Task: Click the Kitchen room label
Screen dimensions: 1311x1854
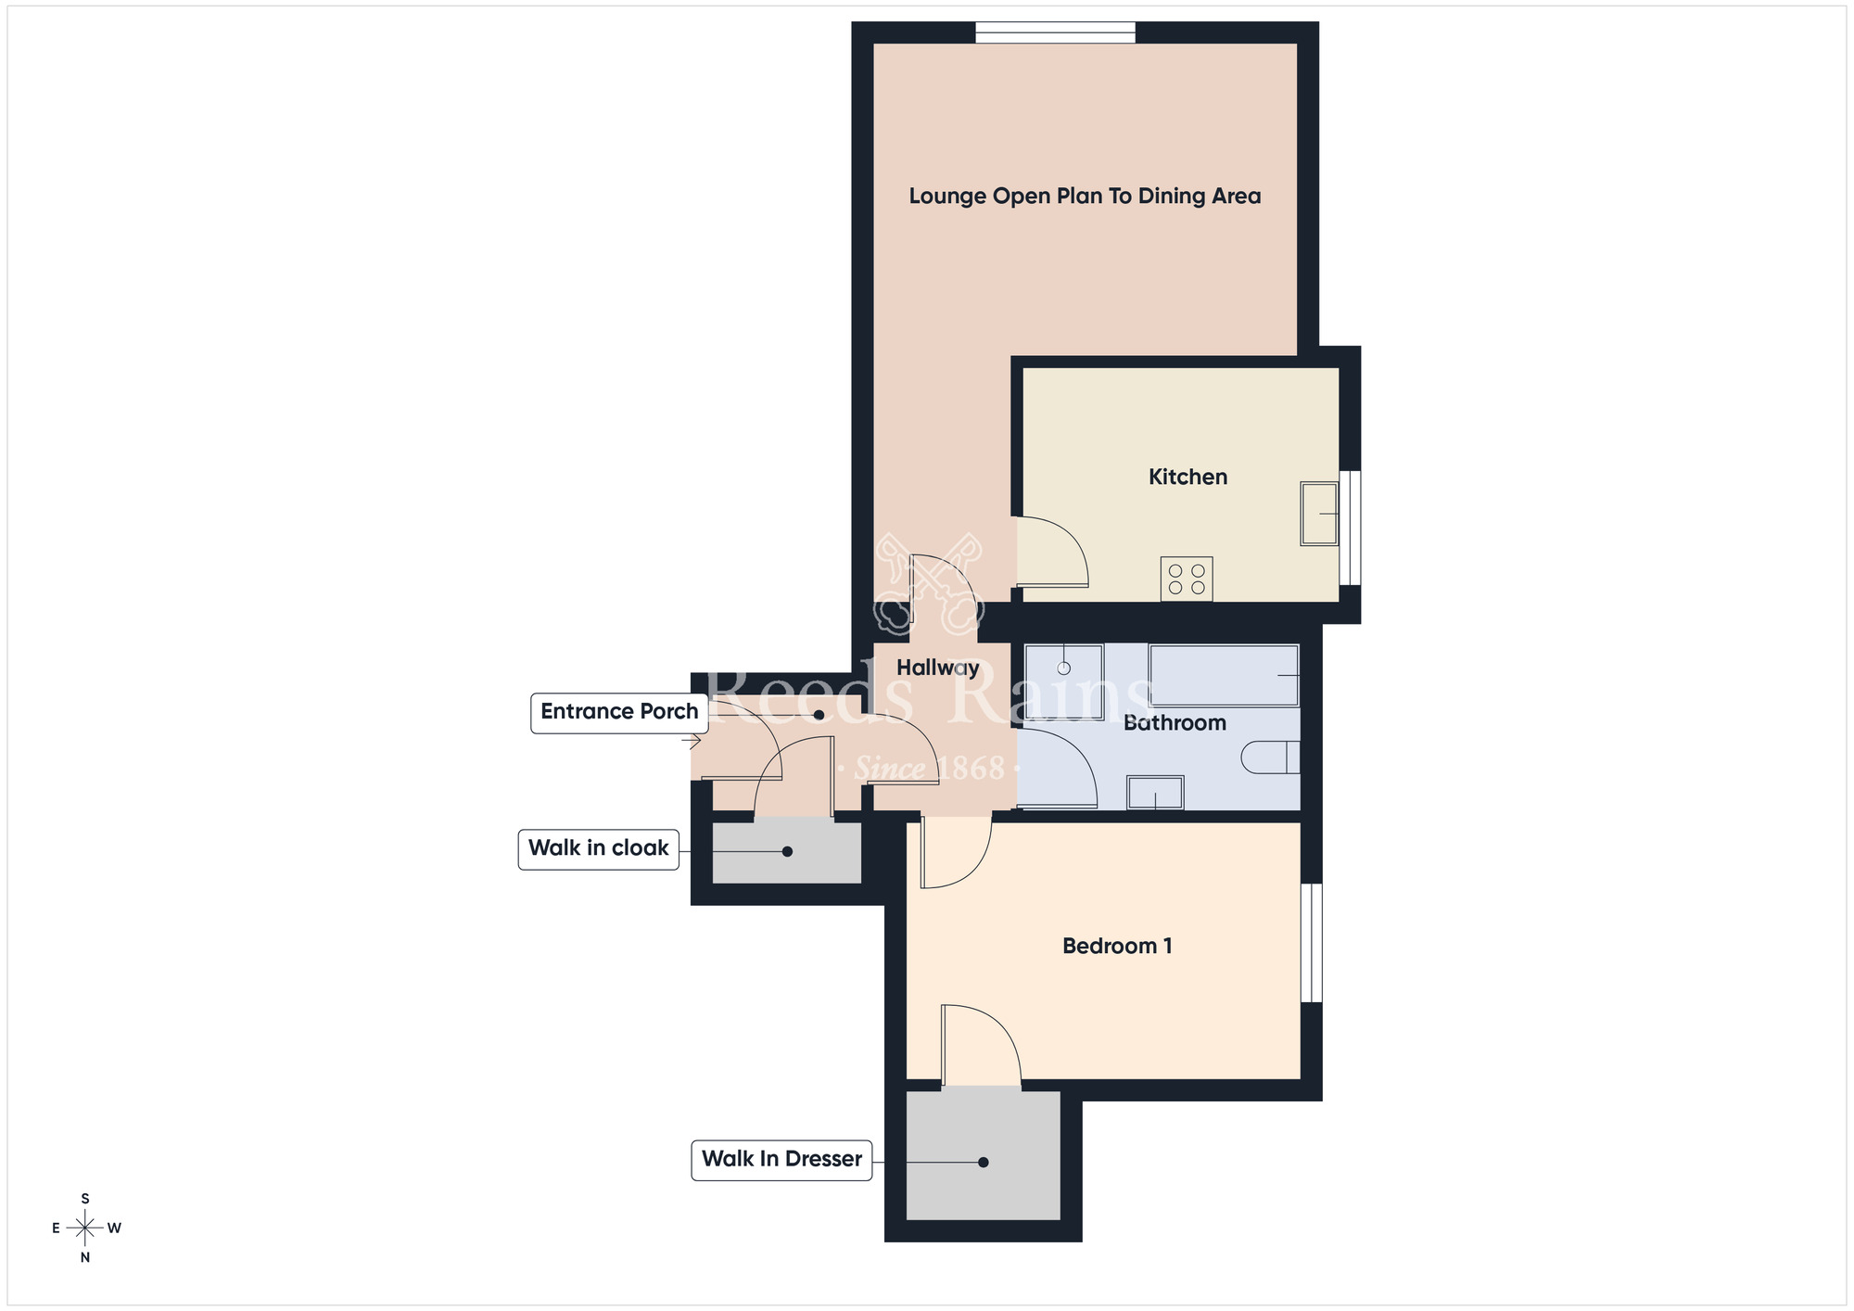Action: (x=1187, y=477)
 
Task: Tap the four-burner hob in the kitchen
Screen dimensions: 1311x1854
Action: (x=1187, y=579)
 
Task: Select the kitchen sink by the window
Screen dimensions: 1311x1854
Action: (x=1318, y=513)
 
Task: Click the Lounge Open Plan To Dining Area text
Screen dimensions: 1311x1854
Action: (x=1085, y=196)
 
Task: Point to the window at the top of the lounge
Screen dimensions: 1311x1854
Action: (x=1055, y=32)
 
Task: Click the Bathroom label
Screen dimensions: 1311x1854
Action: (x=1175, y=722)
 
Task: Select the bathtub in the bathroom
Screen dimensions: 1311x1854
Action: (x=1223, y=675)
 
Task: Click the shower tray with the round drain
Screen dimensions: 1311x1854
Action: (x=1064, y=681)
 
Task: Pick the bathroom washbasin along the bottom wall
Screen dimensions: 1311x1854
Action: (x=1155, y=793)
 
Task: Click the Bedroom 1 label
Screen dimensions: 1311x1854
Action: (x=1117, y=946)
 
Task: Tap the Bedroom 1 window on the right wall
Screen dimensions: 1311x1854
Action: (x=1311, y=942)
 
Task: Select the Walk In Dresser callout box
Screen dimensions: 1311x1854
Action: (x=781, y=1159)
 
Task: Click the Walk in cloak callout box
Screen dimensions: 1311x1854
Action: (x=598, y=847)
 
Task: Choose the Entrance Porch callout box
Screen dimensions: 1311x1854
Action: (x=619, y=712)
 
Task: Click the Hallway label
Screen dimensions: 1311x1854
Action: (x=937, y=668)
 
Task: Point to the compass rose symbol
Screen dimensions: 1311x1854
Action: (x=85, y=1228)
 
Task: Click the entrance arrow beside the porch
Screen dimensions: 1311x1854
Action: (x=692, y=741)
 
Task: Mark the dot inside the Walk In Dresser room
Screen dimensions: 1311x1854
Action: (x=984, y=1162)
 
